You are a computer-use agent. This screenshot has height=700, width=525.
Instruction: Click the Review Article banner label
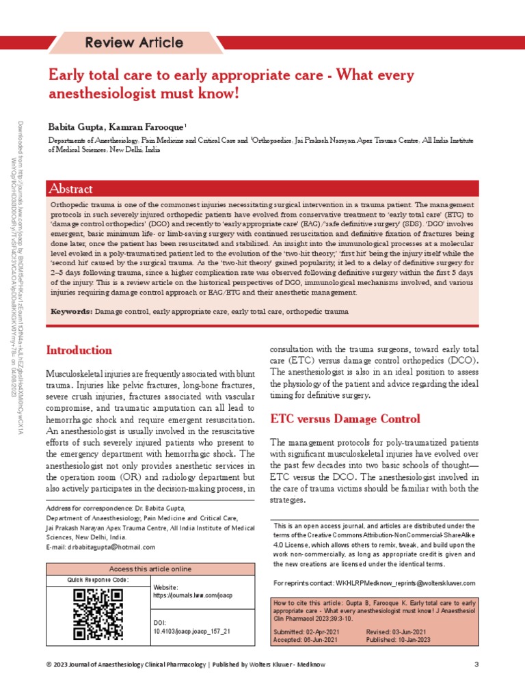click(x=134, y=43)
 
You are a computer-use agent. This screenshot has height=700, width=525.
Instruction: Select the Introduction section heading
click(x=79, y=351)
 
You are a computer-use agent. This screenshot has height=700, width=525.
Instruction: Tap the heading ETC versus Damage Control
click(x=345, y=418)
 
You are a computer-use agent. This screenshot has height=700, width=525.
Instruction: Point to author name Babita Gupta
click(x=72, y=127)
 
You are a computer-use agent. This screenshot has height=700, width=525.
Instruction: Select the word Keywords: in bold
click(x=72, y=312)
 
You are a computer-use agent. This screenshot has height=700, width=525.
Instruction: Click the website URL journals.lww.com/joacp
click(x=193, y=595)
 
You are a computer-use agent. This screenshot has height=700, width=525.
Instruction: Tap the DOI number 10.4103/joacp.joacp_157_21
click(x=191, y=632)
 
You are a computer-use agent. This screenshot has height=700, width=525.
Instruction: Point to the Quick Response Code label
click(x=97, y=580)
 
